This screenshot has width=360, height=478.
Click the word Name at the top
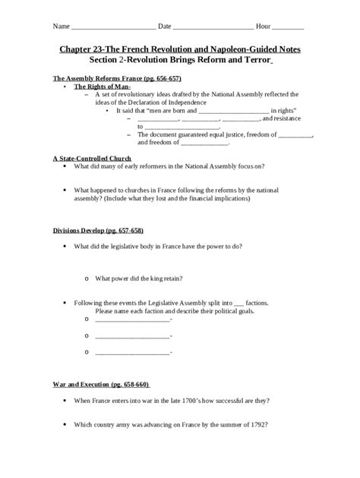tap(60, 27)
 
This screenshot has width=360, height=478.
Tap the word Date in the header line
tap(165, 27)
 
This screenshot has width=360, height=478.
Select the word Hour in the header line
tap(263, 27)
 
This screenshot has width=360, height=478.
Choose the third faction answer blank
tap(133, 351)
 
